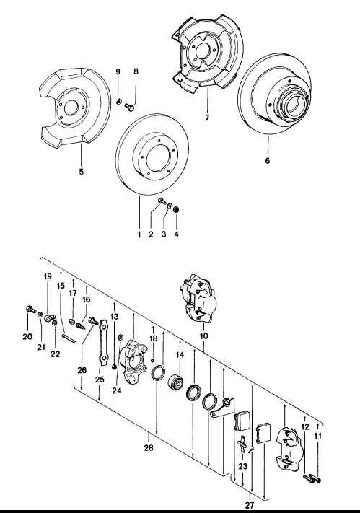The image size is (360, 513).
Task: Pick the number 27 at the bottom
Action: click(x=250, y=506)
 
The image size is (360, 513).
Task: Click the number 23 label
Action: click(x=242, y=467)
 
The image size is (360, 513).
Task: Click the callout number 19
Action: click(x=48, y=278)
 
